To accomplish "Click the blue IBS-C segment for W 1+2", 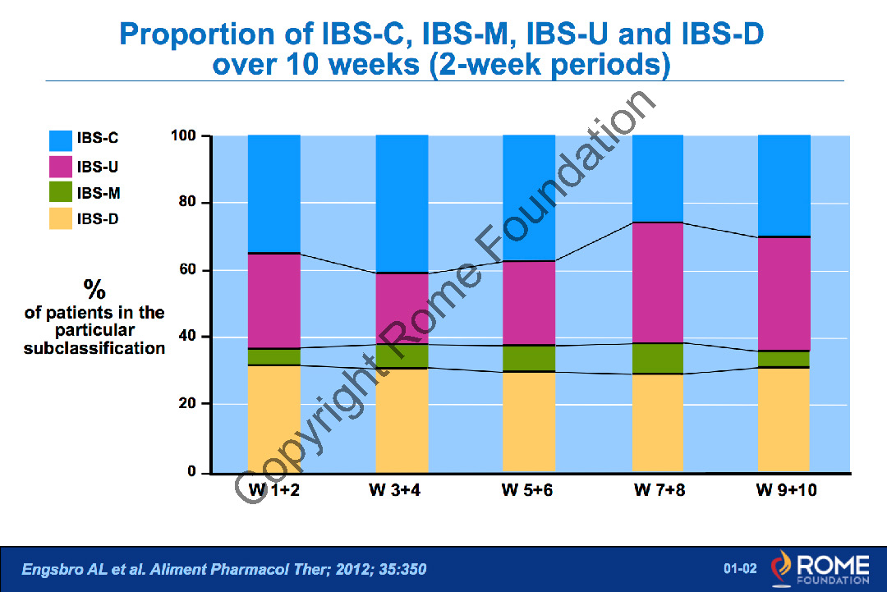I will tap(273, 194).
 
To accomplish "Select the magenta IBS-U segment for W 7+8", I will tap(657, 282).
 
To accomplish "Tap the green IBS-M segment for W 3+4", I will tap(402, 356).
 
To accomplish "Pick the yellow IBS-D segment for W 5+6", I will tap(529, 422).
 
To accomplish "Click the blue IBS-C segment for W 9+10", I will tap(784, 186).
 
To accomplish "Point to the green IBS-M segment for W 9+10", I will tap(784, 359).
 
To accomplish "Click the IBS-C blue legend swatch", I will tap(60, 140).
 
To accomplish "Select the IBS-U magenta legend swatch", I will tap(60, 167).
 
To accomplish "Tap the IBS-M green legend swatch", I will tap(60, 193).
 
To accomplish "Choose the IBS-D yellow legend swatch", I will tap(60, 218).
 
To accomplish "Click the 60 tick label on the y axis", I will tap(188, 270).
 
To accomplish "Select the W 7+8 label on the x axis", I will tap(658, 492).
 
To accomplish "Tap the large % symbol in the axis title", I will tap(94, 289).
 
